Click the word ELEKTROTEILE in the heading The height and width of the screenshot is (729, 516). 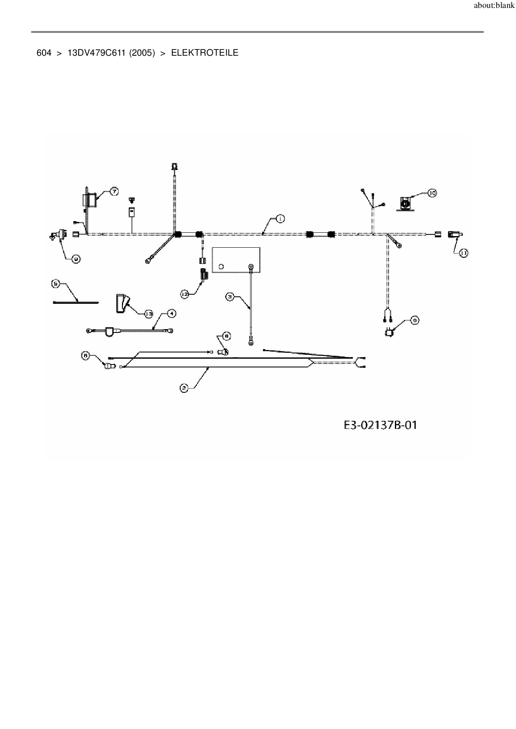coord(205,53)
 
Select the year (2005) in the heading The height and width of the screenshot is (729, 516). coord(142,53)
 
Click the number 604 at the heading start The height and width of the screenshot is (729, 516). coord(44,53)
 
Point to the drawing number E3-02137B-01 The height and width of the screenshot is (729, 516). coord(380,425)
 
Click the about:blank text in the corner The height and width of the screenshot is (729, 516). coord(494,6)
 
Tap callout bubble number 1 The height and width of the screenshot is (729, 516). coord(280,218)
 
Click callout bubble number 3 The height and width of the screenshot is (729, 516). coord(230,296)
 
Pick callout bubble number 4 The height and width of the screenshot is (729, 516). coord(171,313)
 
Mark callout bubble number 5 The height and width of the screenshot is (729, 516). coord(56,284)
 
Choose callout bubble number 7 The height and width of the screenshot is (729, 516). coord(114,191)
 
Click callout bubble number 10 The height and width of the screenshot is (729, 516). coord(432,193)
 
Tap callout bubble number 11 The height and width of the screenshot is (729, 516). coord(464,253)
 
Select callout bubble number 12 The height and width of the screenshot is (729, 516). coord(185,294)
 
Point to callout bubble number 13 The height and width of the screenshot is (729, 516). coord(149,314)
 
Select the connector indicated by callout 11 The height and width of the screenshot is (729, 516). coord(454,234)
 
